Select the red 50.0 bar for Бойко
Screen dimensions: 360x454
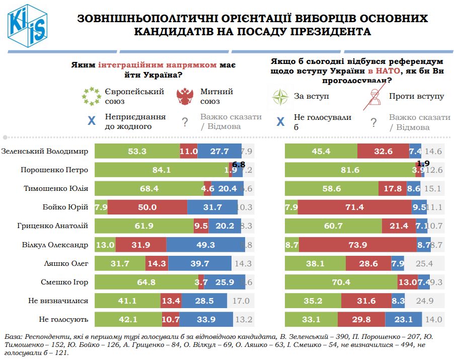click(x=147, y=207)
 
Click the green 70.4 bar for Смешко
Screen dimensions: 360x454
click(x=341, y=282)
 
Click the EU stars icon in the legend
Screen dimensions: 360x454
click(x=92, y=96)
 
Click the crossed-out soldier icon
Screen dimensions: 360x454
click(x=373, y=97)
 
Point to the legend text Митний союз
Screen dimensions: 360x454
click(x=216, y=96)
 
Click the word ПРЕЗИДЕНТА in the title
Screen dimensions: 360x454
click(x=321, y=32)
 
